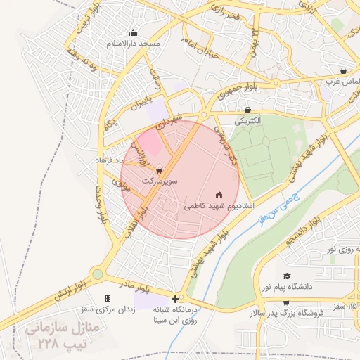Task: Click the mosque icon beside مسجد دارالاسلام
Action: tap(133, 32)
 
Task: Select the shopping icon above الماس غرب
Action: tap(342, 70)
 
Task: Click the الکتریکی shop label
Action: tap(247, 121)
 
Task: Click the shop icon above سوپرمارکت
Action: tap(159, 169)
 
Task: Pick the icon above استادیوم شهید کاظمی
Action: tap(219, 195)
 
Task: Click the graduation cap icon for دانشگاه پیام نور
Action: tap(286, 276)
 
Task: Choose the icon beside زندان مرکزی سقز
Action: tap(108, 298)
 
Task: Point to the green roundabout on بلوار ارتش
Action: tap(97, 274)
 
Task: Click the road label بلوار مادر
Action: tap(136, 287)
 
